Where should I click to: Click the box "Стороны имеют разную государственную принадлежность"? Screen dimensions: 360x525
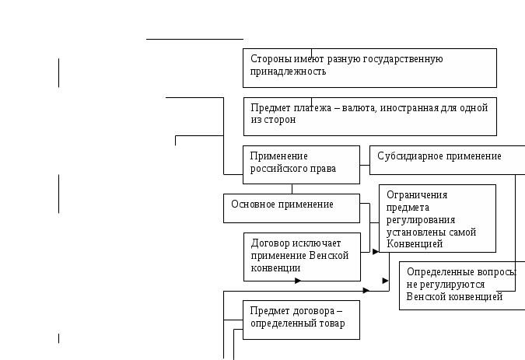pos(369,68)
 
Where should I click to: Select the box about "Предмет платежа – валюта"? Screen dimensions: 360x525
pos(369,116)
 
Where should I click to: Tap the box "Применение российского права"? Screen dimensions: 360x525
pos(301,164)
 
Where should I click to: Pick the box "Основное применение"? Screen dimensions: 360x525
pos(292,208)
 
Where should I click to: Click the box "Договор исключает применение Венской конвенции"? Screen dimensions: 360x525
pos(302,256)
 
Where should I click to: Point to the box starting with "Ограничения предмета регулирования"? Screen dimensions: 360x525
pos(437,218)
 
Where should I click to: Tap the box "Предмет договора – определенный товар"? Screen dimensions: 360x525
pos(302,320)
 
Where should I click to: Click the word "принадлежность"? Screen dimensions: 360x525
pos(287,71)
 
